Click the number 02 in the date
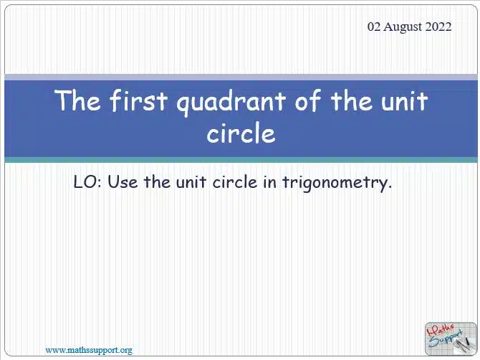[374, 27]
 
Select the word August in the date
[403, 27]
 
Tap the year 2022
[438, 27]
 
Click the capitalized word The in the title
[77, 100]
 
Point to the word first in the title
[139, 100]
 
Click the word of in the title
[308, 100]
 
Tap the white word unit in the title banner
[404, 101]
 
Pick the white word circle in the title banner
[241, 133]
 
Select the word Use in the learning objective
[123, 182]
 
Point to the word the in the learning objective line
[157, 181]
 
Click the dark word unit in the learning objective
[191, 182]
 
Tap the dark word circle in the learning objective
[235, 181]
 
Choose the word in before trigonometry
[269, 182]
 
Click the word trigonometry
[337, 183]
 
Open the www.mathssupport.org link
[89, 350]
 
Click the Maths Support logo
[451, 338]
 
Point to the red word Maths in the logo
[440, 331]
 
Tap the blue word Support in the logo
[446, 339]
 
